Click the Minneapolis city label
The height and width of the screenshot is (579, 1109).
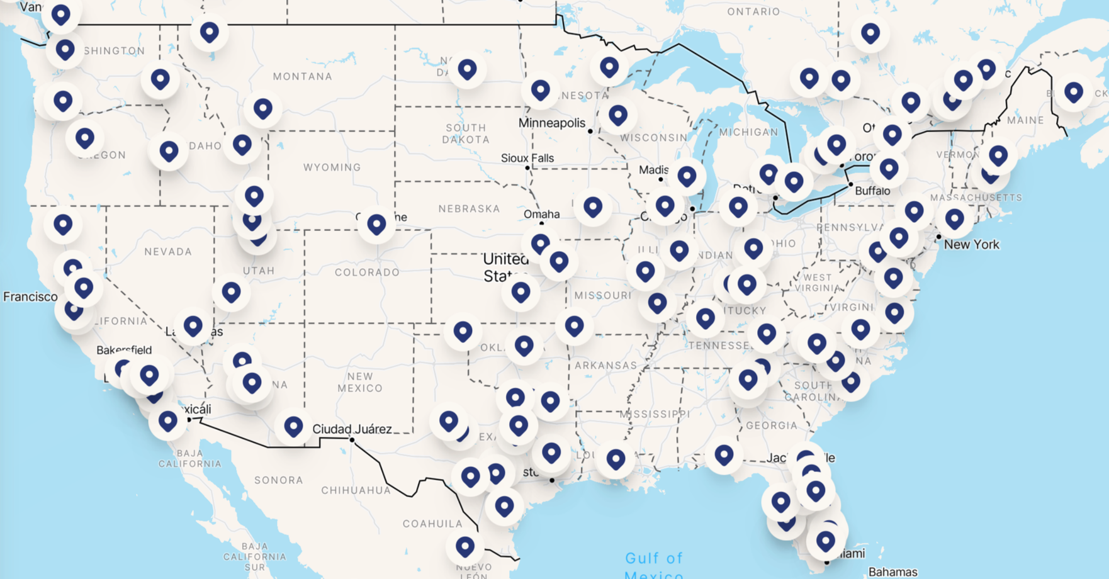coord(551,123)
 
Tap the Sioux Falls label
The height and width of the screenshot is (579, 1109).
coord(527,158)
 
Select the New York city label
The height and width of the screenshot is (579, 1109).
coord(971,244)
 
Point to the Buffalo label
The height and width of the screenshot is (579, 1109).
coord(872,191)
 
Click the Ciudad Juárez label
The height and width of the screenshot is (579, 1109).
coord(352,429)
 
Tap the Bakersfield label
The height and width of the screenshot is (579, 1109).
coord(124,350)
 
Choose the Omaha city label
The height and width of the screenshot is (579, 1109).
coord(541,214)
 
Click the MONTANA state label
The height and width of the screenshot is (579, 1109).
coord(302,76)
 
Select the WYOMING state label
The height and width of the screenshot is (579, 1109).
coord(332,167)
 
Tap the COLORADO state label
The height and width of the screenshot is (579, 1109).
coord(367,273)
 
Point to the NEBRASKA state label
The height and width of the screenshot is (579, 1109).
coord(469,208)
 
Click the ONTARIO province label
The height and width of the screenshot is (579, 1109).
coord(753,11)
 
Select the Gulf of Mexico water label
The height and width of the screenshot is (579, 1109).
coord(654,565)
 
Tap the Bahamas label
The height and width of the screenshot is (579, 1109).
coord(892,572)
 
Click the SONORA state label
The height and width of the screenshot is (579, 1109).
coord(278,480)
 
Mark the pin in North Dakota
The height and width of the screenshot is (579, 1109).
coord(467,69)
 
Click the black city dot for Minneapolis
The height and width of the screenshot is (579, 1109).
coord(590,132)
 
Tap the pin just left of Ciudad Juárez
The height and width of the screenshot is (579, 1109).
coord(293,426)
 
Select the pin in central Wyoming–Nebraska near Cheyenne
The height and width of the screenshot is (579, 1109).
coord(376,223)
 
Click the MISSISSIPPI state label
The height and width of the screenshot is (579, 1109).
coord(655,414)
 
